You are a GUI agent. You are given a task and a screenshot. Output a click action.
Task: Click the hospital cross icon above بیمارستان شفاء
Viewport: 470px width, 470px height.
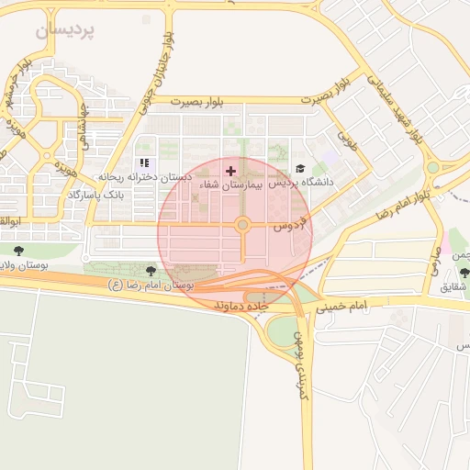pyautogui.click(x=230, y=171)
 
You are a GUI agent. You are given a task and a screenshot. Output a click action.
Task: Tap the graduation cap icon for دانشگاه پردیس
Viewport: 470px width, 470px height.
pyautogui.click(x=300, y=169)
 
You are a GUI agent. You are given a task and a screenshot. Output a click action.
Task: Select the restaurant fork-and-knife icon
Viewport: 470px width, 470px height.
pyautogui.click(x=143, y=163)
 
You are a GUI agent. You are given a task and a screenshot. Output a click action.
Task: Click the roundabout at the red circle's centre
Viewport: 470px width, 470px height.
pyautogui.click(x=242, y=225)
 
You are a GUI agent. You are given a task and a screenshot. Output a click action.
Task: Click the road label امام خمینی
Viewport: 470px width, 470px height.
pyautogui.click(x=346, y=305)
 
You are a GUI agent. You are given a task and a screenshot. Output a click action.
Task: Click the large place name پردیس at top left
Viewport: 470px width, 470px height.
pyautogui.click(x=66, y=31)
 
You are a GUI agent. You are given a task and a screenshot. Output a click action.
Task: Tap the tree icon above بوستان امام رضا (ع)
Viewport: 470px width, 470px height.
pyautogui.click(x=151, y=270)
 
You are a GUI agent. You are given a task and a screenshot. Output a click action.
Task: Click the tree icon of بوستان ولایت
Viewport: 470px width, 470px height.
pyautogui.click(x=19, y=250)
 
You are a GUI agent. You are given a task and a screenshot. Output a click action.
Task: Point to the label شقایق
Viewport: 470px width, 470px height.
pyautogui.click(x=453, y=287)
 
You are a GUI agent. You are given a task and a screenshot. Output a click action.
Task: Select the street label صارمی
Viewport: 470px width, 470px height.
pyautogui.click(x=434, y=264)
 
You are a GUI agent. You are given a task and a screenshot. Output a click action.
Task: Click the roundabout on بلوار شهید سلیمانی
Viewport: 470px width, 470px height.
pyautogui.click(x=432, y=167)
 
